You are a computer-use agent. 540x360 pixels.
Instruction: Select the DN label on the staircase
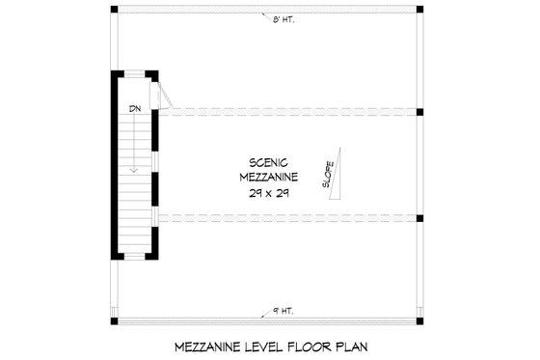click(135, 109)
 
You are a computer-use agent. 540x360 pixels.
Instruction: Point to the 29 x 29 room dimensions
click(269, 193)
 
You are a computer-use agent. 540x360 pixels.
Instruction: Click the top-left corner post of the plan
click(114, 12)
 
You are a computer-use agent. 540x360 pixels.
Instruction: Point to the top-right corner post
click(421, 12)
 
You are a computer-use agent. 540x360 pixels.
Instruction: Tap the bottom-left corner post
click(114, 320)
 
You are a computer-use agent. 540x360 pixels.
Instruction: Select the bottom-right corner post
click(421, 320)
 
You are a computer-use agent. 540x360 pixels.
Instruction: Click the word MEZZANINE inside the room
click(269, 179)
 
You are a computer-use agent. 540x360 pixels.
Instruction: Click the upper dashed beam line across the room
click(289, 110)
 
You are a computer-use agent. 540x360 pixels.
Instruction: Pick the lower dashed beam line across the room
click(289, 216)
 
